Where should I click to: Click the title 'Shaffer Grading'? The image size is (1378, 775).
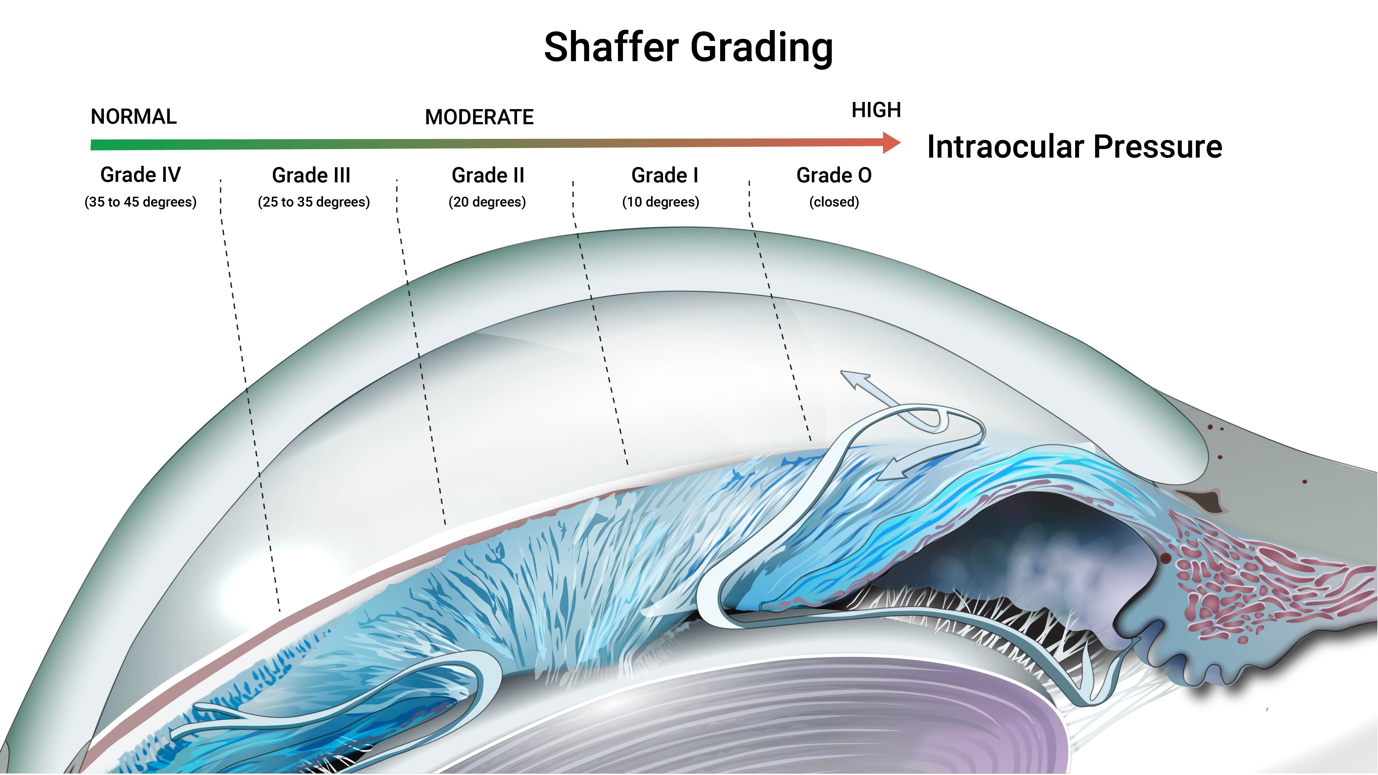pos(688,48)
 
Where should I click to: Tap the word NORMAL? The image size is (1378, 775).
pos(134,117)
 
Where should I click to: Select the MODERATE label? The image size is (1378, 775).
pos(479,117)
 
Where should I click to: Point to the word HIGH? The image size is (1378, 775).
pos(876,110)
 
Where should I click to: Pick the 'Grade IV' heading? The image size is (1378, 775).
pos(141,175)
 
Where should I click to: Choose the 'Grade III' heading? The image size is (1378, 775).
pos(311,175)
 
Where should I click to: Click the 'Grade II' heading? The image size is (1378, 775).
pos(488,175)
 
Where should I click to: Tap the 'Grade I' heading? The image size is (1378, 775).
pos(665,175)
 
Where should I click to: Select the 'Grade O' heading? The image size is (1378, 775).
pos(834,175)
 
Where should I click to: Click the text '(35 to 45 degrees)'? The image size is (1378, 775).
pos(141,202)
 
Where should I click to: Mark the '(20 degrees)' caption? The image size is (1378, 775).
pos(487,202)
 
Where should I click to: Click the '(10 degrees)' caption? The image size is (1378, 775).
pos(661,202)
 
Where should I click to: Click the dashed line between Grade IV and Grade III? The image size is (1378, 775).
pos(249,396)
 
